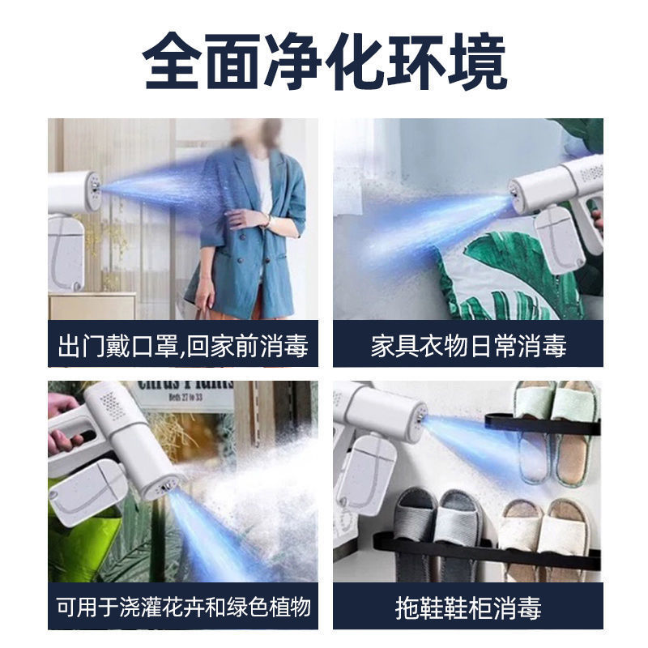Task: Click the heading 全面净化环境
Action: coord(324,62)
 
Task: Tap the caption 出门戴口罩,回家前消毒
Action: coord(183,346)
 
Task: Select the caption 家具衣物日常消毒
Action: coord(468,346)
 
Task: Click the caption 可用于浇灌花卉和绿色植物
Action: coord(183,607)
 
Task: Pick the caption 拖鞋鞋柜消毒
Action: coord(468,607)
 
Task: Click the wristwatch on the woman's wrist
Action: coord(266,220)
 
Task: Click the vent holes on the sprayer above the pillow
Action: coord(589,173)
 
